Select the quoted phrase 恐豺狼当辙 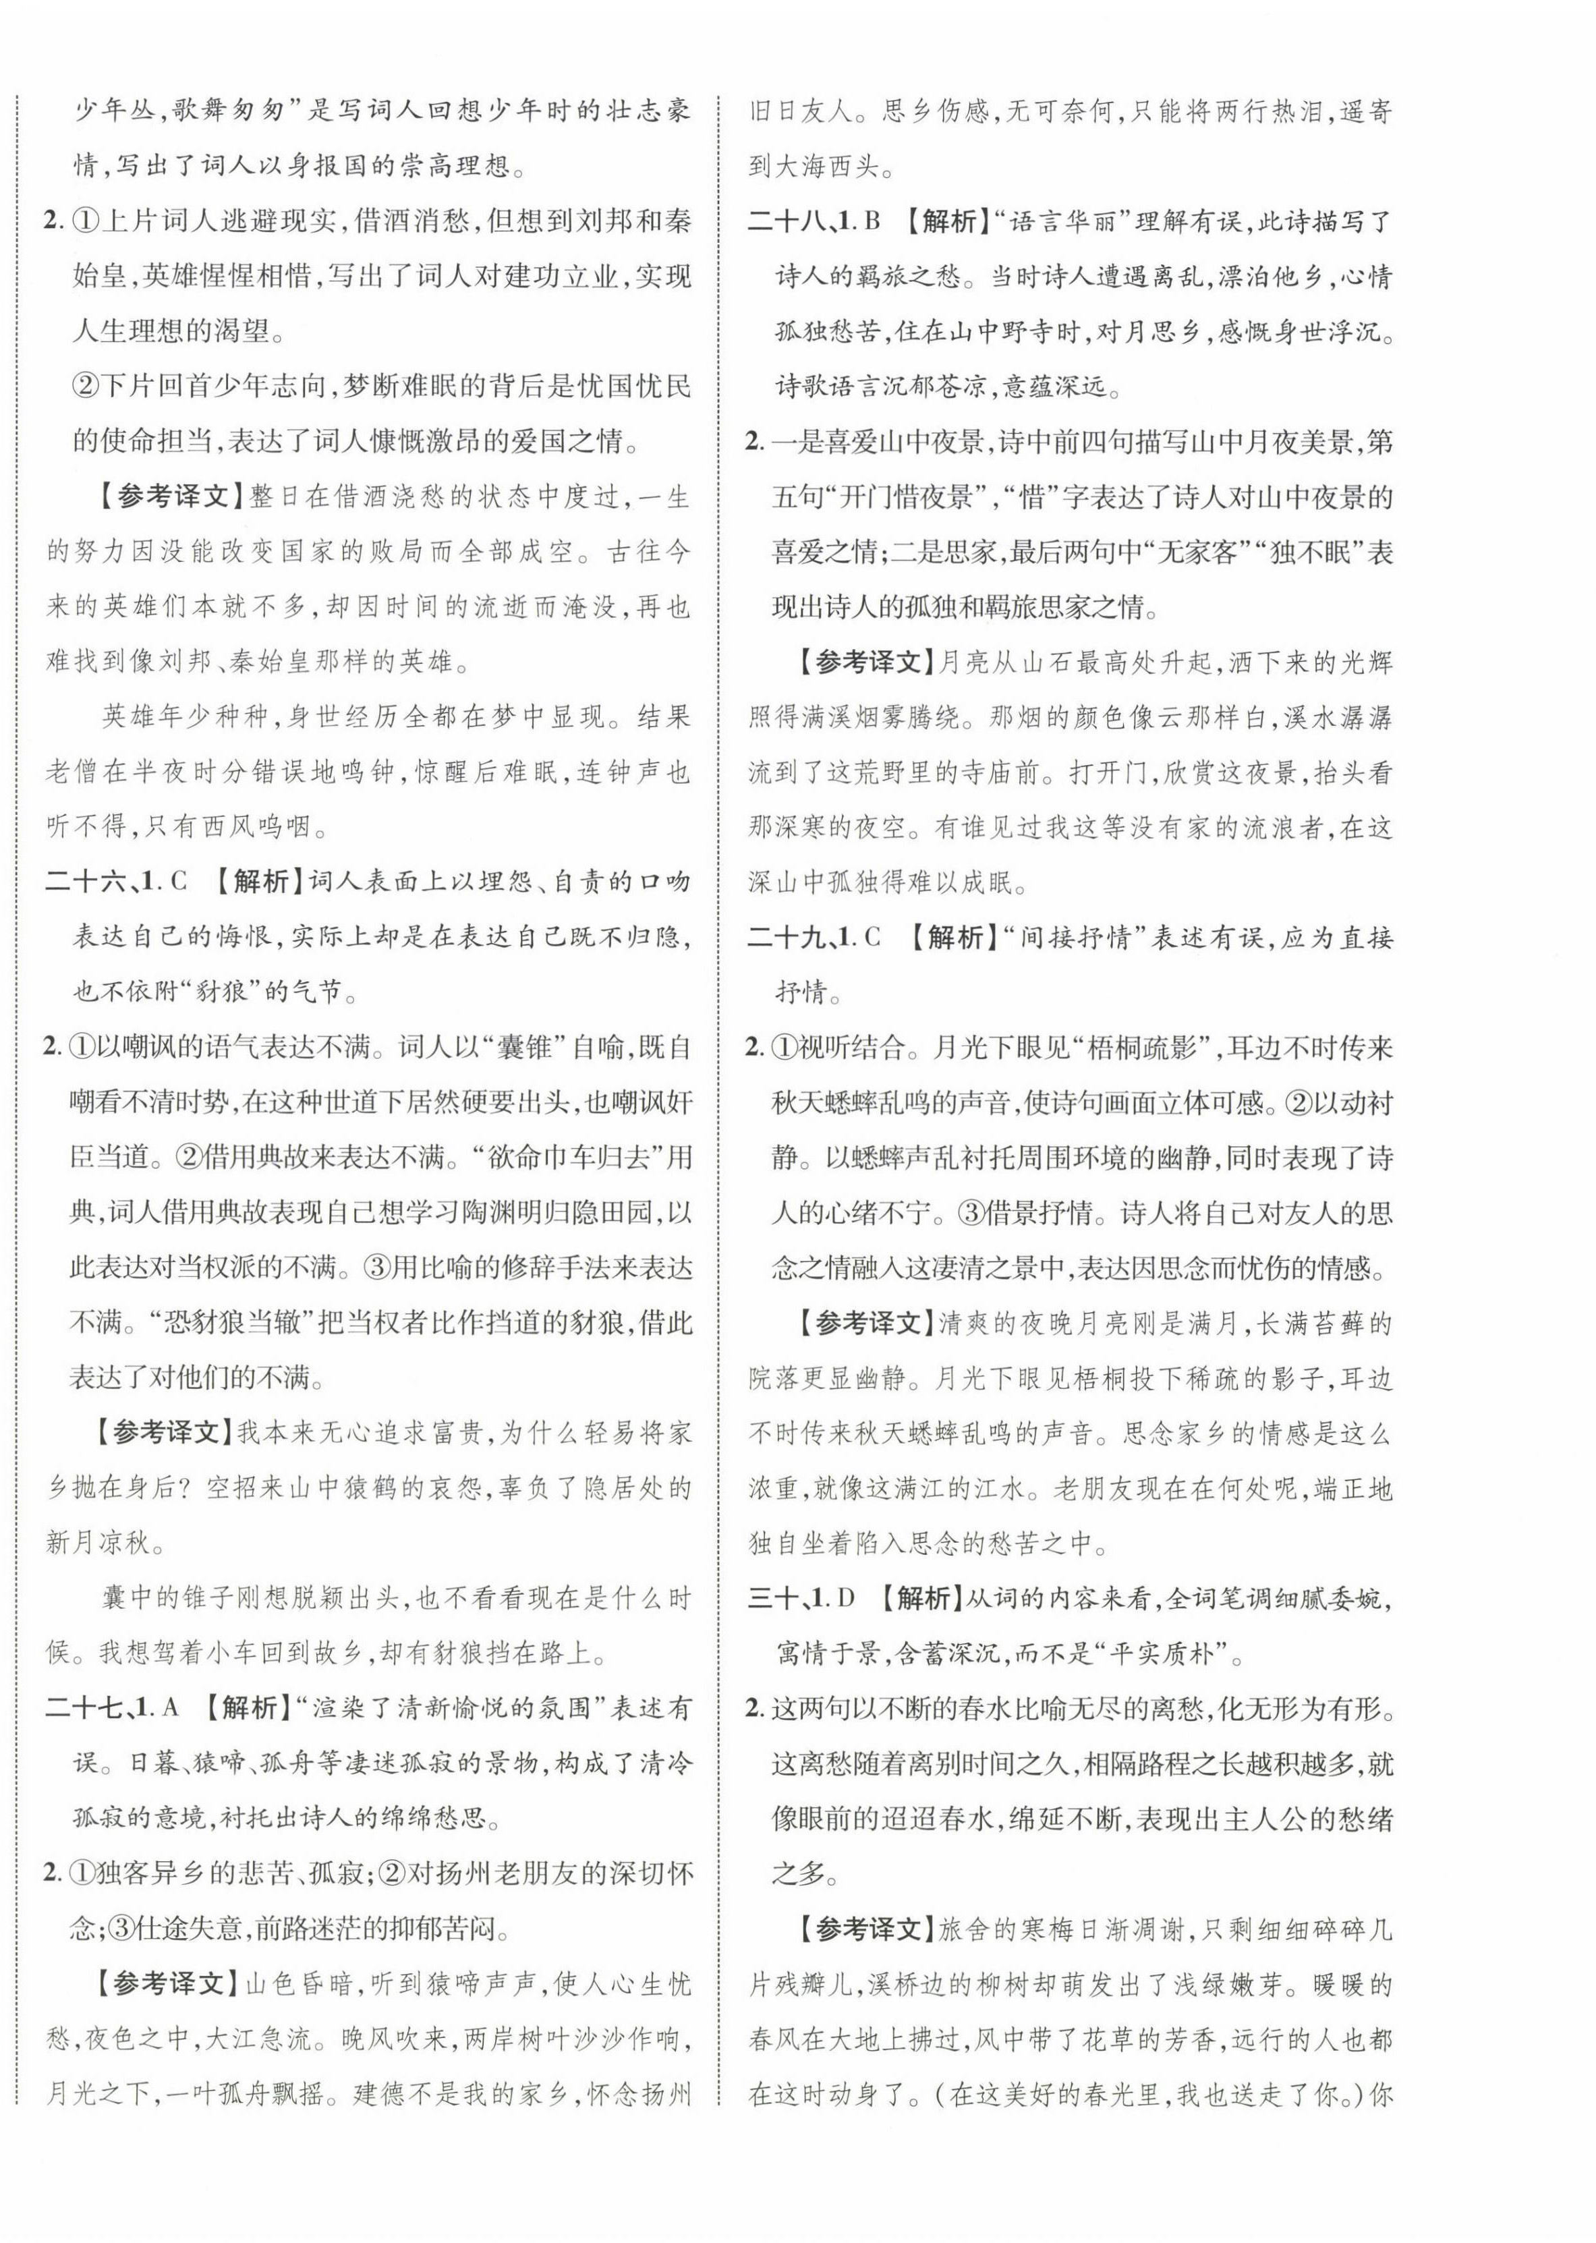[196, 1323]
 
